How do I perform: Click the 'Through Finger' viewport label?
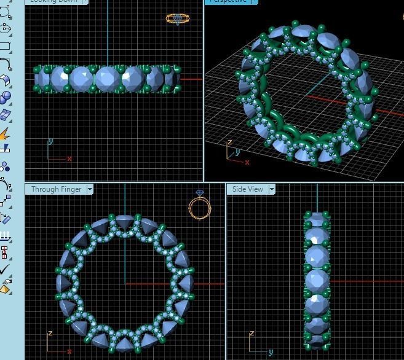point(56,189)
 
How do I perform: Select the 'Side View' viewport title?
point(247,189)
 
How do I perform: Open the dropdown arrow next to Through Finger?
point(90,189)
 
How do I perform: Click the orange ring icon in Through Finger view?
point(199,207)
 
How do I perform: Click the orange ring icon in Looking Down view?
point(178,19)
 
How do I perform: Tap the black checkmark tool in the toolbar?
point(5,269)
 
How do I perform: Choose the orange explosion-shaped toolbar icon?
point(5,133)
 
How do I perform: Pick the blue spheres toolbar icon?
point(5,98)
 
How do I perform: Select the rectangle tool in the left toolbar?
point(5,46)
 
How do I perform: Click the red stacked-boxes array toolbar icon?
point(5,252)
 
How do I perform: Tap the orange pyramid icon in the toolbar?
point(5,286)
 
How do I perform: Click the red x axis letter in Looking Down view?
point(69,158)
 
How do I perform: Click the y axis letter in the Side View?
point(271,353)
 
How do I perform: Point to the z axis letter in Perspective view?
point(229,143)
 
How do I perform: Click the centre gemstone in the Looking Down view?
point(107,79)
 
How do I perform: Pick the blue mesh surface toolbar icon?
point(5,115)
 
